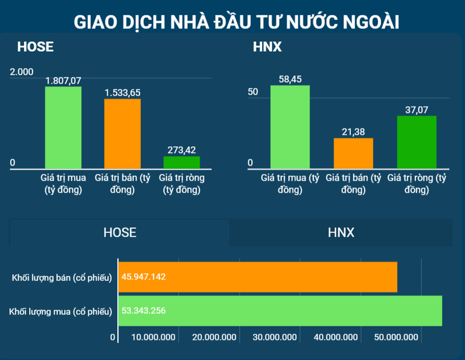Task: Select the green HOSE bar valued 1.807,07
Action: tap(63, 127)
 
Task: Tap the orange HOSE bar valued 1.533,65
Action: tap(122, 133)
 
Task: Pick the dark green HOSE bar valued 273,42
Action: tap(182, 162)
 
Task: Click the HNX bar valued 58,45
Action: tap(290, 127)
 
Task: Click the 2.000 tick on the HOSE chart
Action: tap(22, 72)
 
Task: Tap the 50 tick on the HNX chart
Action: tap(252, 92)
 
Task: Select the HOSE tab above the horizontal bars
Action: tap(120, 233)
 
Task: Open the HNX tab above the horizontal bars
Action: tap(341, 233)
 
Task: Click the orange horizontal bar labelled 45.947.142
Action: tap(258, 277)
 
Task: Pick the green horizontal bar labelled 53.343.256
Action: tap(280, 311)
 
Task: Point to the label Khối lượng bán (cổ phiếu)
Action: tap(62, 277)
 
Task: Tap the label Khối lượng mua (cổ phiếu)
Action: tap(61, 312)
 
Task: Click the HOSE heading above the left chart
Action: tap(35, 47)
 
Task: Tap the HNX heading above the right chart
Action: tap(267, 47)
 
